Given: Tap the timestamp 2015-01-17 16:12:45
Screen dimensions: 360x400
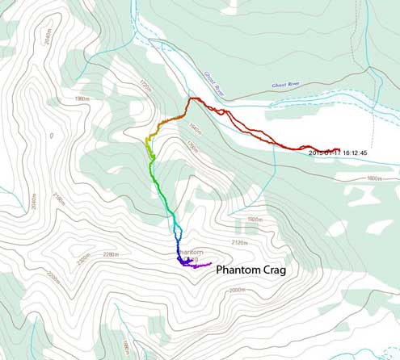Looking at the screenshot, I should (x=339, y=152).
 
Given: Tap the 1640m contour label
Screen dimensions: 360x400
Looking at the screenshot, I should (x=193, y=127).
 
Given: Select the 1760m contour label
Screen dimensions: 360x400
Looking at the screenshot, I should (x=192, y=147).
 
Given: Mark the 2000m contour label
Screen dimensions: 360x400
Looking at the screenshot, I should (x=237, y=291).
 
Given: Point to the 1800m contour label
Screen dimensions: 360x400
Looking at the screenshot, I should (x=373, y=178).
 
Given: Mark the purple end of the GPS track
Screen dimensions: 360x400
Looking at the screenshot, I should (x=209, y=264).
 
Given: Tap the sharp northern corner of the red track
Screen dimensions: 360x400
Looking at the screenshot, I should (x=192, y=98).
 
